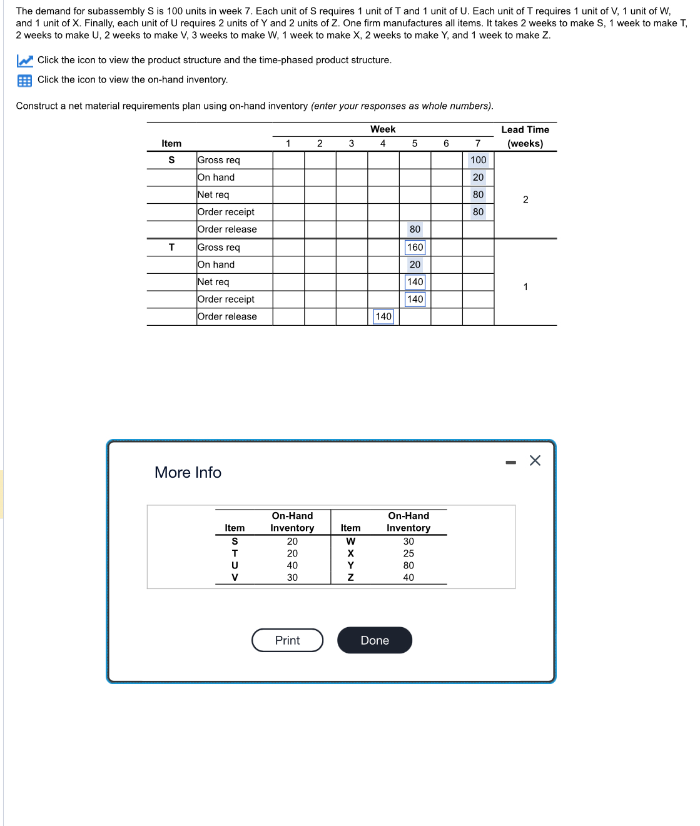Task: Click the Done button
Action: tap(374, 640)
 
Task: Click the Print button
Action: tap(287, 640)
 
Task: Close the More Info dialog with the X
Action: tap(535, 461)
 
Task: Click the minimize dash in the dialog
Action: tap(511, 462)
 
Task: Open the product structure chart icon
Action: tap(24, 61)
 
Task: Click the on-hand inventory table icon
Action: tap(24, 80)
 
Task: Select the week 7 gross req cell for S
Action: tap(478, 160)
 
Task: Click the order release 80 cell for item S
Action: tap(415, 229)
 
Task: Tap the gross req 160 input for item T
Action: tap(415, 248)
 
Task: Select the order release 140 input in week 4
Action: tap(383, 316)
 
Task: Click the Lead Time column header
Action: tap(525, 136)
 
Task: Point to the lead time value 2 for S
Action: tap(525, 199)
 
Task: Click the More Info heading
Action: tap(188, 472)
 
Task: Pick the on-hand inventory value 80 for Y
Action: tap(408, 565)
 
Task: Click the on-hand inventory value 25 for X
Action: tap(408, 553)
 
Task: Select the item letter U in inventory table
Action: tap(235, 565)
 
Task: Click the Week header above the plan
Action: tap(383, 129)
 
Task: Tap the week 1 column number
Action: tap(288, 144)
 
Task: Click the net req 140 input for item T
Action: tap(415, 282)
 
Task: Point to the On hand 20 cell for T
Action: tap(415, 264)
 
